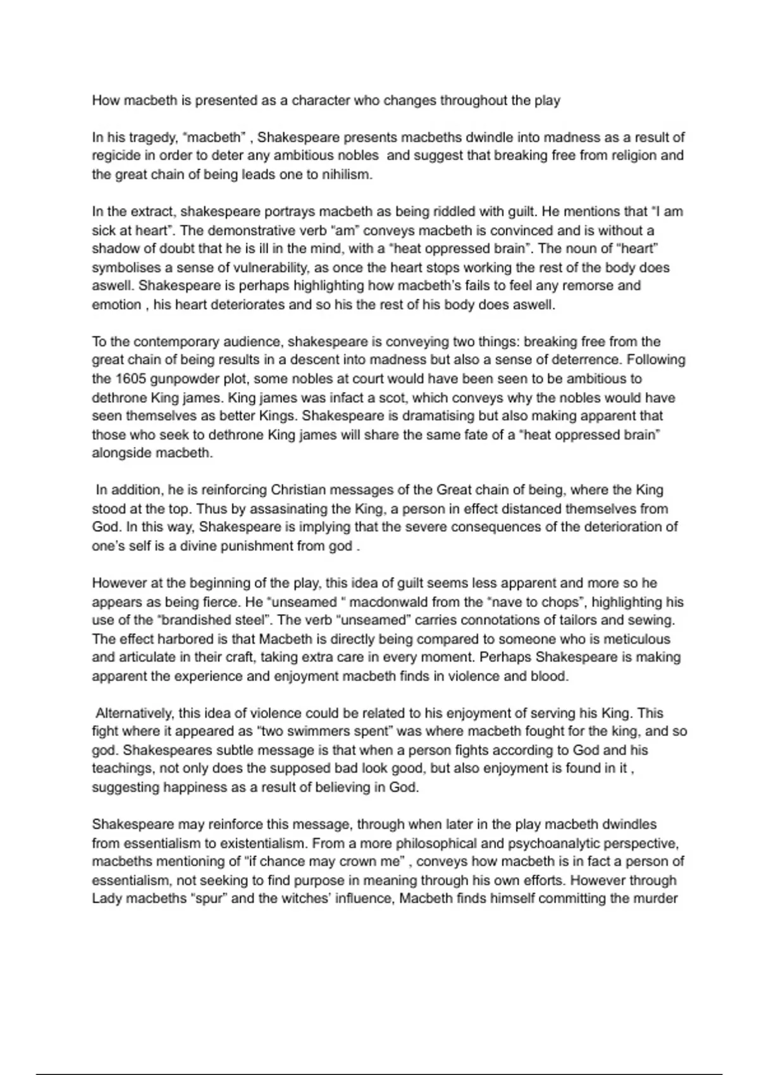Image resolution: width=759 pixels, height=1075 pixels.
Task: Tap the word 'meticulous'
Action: (x=634, y=639)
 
